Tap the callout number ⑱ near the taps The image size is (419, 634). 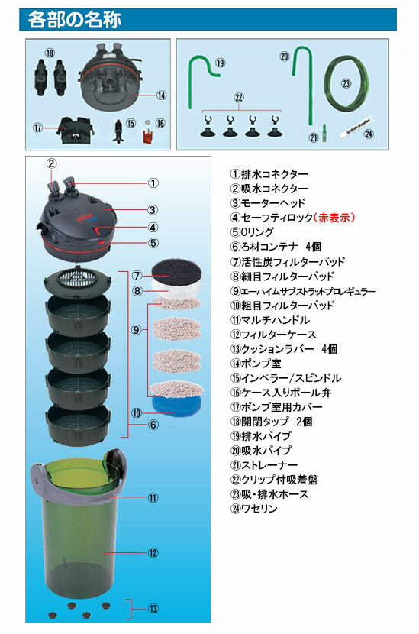[x=50, y=53]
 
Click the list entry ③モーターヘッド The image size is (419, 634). [x=267, y=202]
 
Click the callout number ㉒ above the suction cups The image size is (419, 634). [x=238, y=99]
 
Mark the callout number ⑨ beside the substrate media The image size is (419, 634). [x=136, y=330]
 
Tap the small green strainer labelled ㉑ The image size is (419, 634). [x=323, y=131]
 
